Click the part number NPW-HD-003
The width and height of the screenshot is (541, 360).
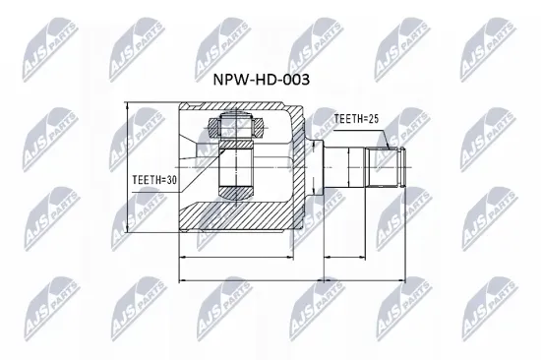click(254, 82)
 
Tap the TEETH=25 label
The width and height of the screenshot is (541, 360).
click(356, 119)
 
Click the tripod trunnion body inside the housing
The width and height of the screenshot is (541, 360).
click(235, 167)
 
